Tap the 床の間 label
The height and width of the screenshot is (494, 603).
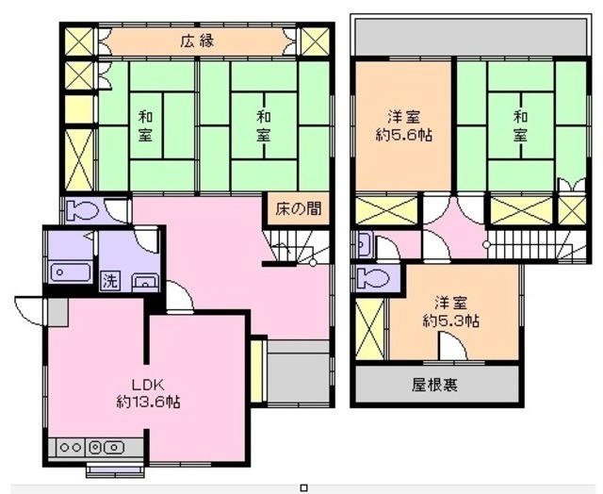coord(298,207)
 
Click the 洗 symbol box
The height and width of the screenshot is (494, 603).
coord(111,280)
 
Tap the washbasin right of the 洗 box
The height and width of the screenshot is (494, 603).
coord(145,280)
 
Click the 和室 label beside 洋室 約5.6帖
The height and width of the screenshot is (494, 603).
coord(520,127)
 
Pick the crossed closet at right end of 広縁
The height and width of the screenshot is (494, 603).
coord(314,42)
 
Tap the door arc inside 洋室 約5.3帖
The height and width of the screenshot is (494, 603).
coord(452,347)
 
